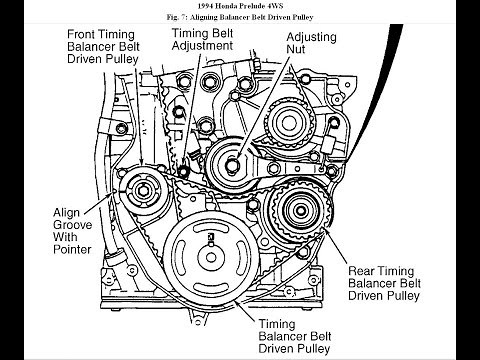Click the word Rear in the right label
coord(364,270)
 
